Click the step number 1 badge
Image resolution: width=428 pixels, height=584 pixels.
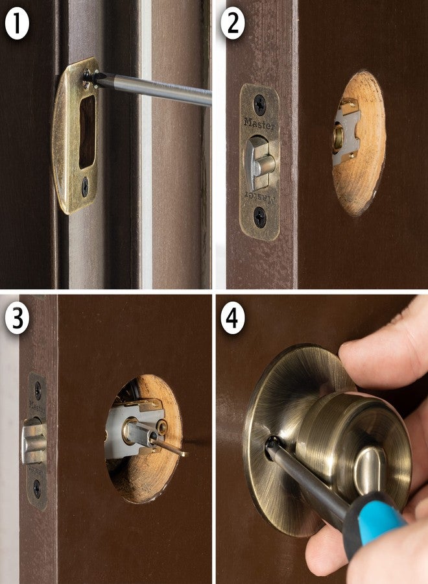[17, 24]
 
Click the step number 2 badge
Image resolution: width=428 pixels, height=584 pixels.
[233, 24]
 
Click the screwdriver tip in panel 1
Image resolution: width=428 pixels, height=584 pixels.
[89, 77]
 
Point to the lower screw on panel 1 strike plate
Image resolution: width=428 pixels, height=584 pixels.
[85, 187]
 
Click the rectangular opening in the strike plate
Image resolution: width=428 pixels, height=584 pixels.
[87, 131]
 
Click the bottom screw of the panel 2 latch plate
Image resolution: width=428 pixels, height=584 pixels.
[259, 217]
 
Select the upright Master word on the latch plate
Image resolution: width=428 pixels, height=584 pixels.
[259, 123]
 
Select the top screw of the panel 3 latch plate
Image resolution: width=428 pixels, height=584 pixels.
[38, 390]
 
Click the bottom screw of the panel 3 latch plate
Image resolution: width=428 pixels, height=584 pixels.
[37, 488]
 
